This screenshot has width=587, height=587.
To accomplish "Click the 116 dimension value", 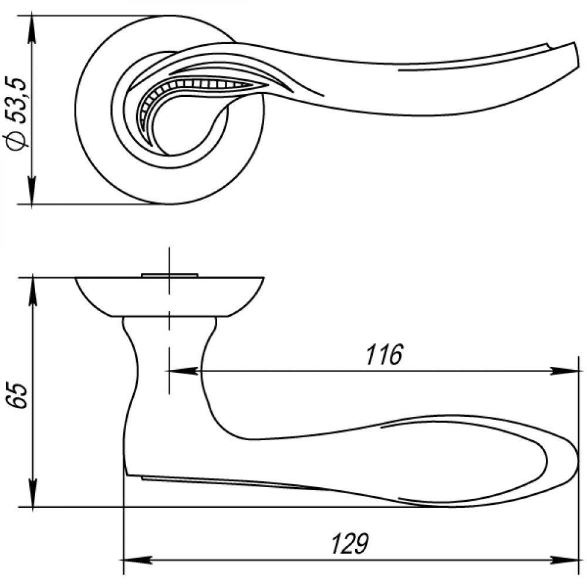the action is [384, 354].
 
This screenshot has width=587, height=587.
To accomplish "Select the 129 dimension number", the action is [350, 543].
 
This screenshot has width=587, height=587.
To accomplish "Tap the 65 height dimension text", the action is [18, 395].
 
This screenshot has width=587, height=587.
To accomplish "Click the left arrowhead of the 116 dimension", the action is [182, 371].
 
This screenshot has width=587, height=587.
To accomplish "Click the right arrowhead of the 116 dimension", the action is [565, 371].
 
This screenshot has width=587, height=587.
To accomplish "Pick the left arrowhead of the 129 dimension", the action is [137, 561].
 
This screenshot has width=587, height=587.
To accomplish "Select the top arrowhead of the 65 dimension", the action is [33, 291].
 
